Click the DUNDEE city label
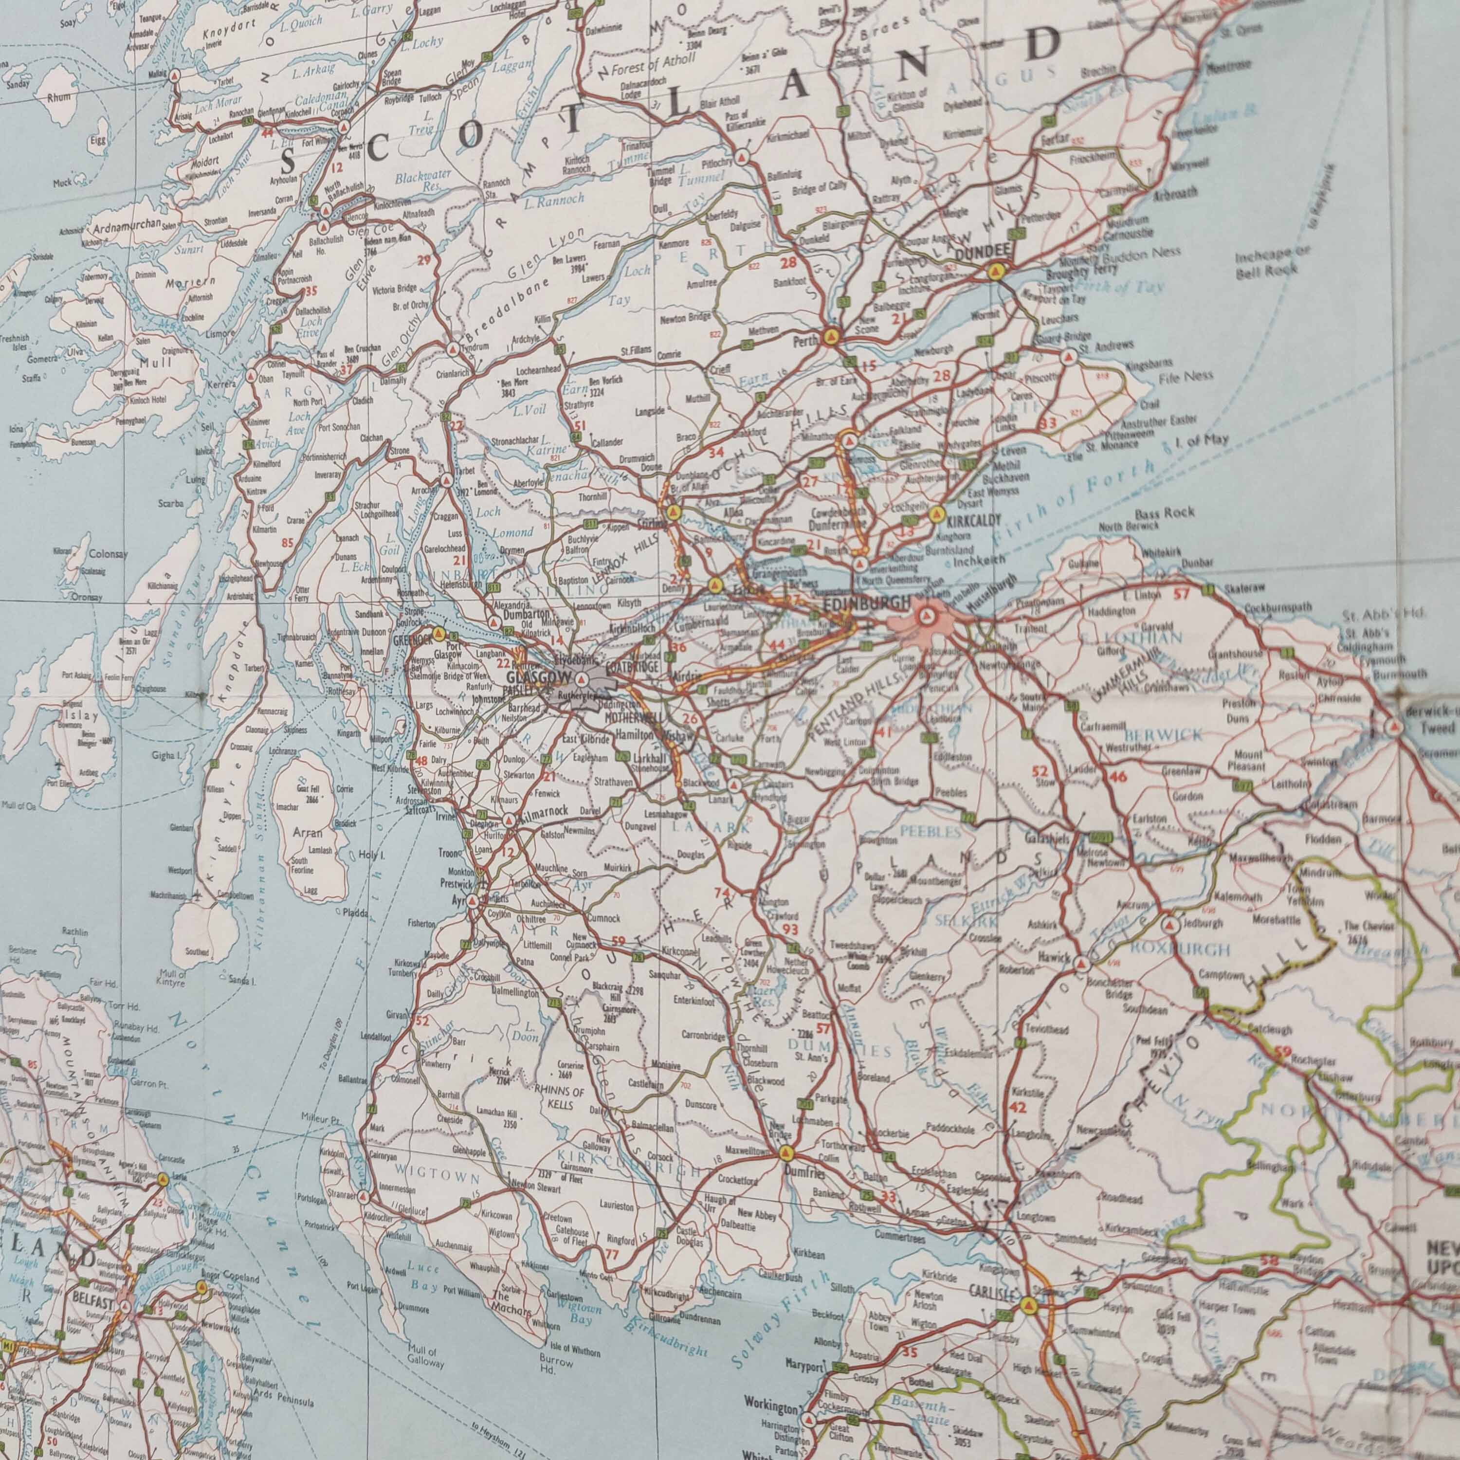click(x=983, y=252)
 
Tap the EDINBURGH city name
click(x=866, y=603)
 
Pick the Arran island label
click(x=307, y=834)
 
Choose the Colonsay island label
click(x=108, y=554)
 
